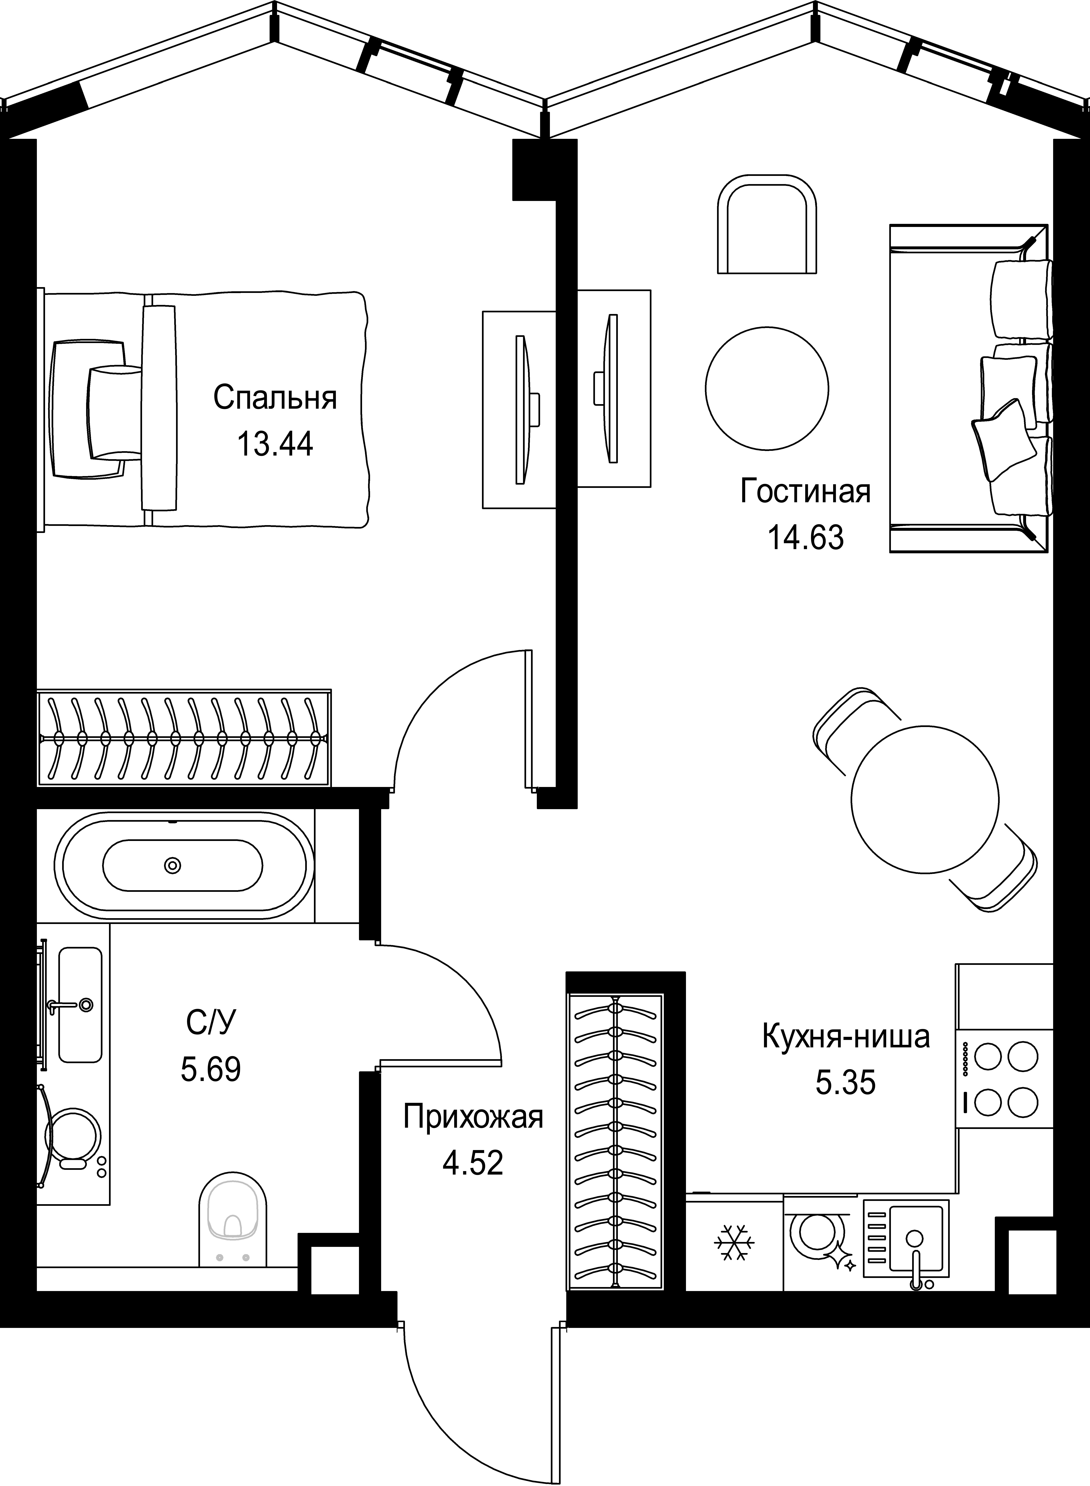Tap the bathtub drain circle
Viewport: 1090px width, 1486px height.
[173, 865]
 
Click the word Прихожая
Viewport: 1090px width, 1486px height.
[472, 1117]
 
